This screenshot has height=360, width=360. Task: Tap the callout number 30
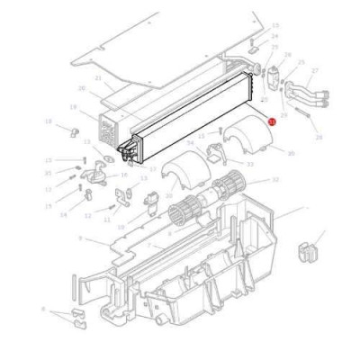290,153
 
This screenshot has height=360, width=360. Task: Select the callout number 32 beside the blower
275,180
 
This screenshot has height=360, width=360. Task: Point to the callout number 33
249,165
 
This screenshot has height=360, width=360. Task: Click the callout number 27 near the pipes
314,70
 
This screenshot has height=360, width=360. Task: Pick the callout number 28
319,137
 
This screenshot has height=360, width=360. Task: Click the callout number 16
124,175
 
